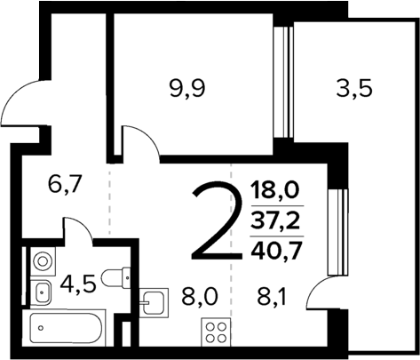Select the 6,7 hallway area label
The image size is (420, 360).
pyautogui.click(x=65, y=186)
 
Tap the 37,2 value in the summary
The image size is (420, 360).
pyautogui.click(x=274, y=218)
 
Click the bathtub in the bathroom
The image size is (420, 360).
pyautogui.click(x=67, y=331)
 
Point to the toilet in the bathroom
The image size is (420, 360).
pyautogui.click(x=116, y=278)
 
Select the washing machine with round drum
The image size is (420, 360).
pyautogui.click(x=41, y=261)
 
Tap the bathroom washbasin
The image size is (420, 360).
pyautogui.click(x=41, y=289)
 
